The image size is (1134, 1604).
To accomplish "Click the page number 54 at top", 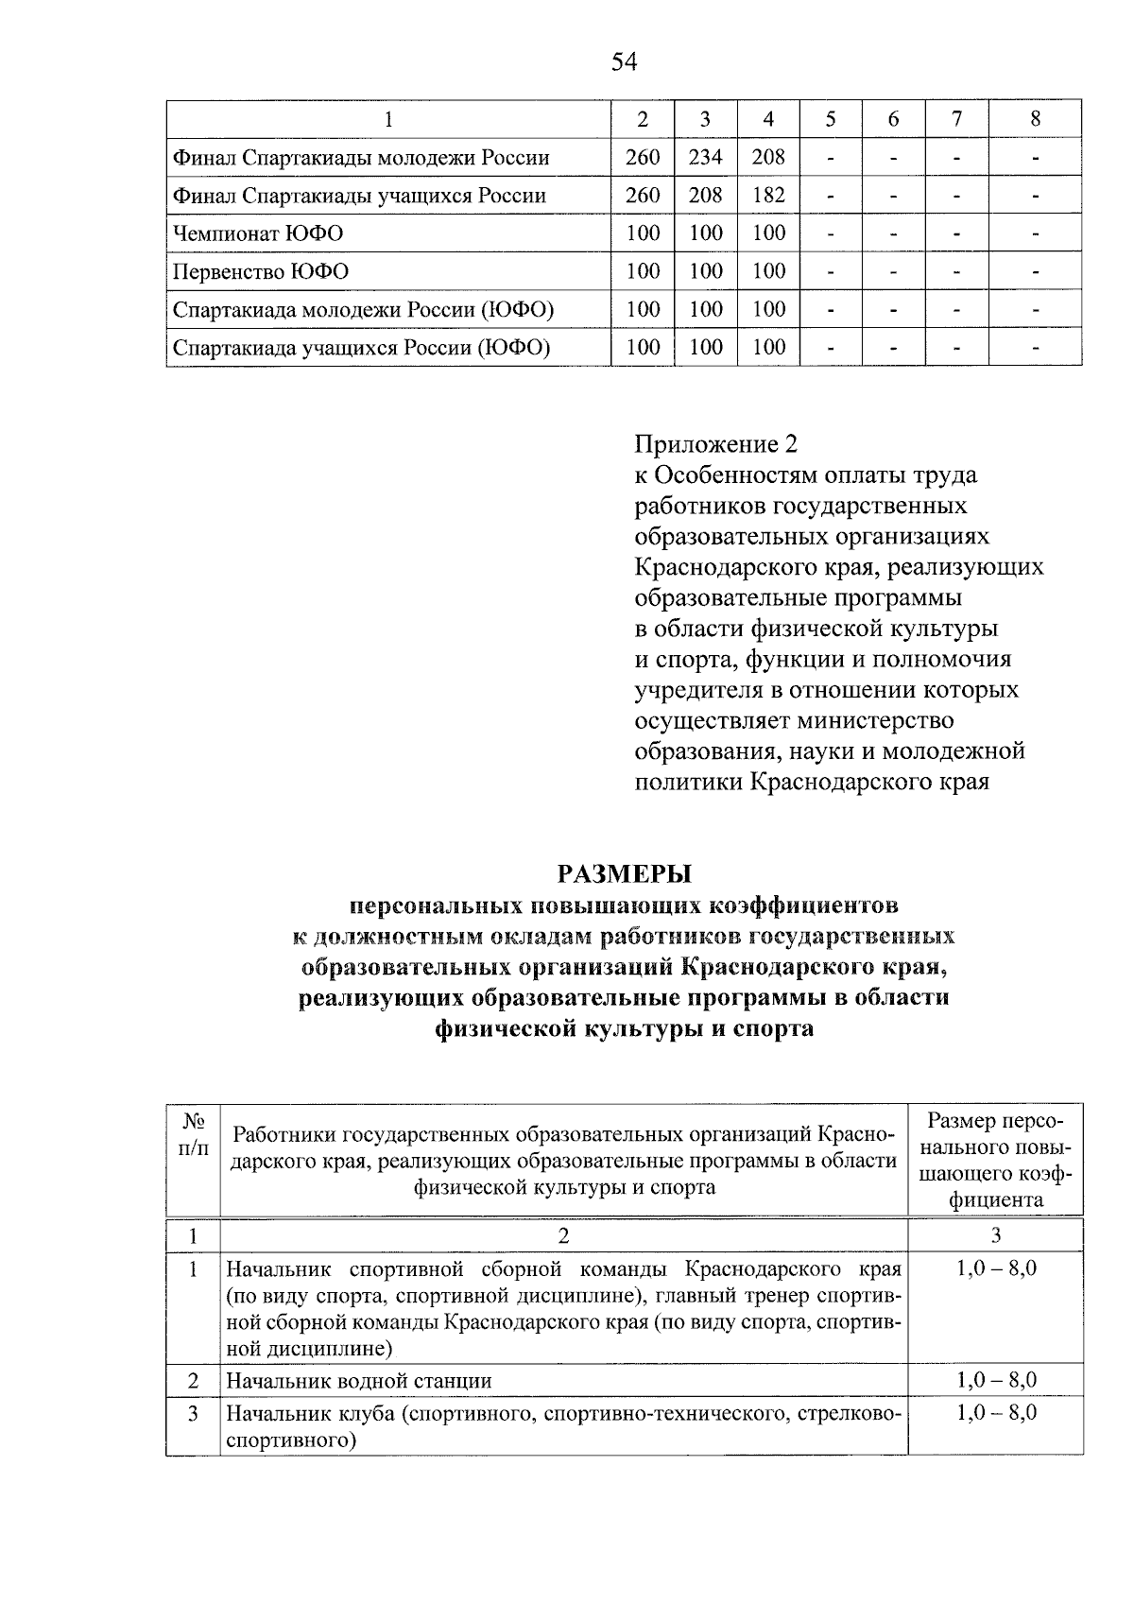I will click(625, 62).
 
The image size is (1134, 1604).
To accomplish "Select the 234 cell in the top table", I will click(705, 157).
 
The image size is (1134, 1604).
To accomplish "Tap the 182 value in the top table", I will click(768, 196).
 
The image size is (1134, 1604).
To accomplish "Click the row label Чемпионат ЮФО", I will click(257, 233).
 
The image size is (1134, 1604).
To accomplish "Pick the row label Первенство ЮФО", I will click(260, 272).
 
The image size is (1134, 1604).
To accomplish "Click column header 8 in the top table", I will click(1035, 119).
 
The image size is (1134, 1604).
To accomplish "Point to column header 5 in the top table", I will click(830, 119).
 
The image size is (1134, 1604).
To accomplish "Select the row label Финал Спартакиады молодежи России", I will click(360, 157).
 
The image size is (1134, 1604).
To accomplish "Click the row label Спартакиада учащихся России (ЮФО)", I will click(361, 348).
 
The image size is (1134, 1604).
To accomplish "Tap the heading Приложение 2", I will click(716, 443).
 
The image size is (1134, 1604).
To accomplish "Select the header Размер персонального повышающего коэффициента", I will click(995, 1160).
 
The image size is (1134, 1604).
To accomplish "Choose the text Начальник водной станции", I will click(359, 1380).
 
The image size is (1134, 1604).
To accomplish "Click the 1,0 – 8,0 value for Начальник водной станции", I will click(996, 1380).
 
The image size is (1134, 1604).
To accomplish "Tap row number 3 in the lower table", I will click(194, 1414).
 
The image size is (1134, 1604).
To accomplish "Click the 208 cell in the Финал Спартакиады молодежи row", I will click(768, 157).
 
